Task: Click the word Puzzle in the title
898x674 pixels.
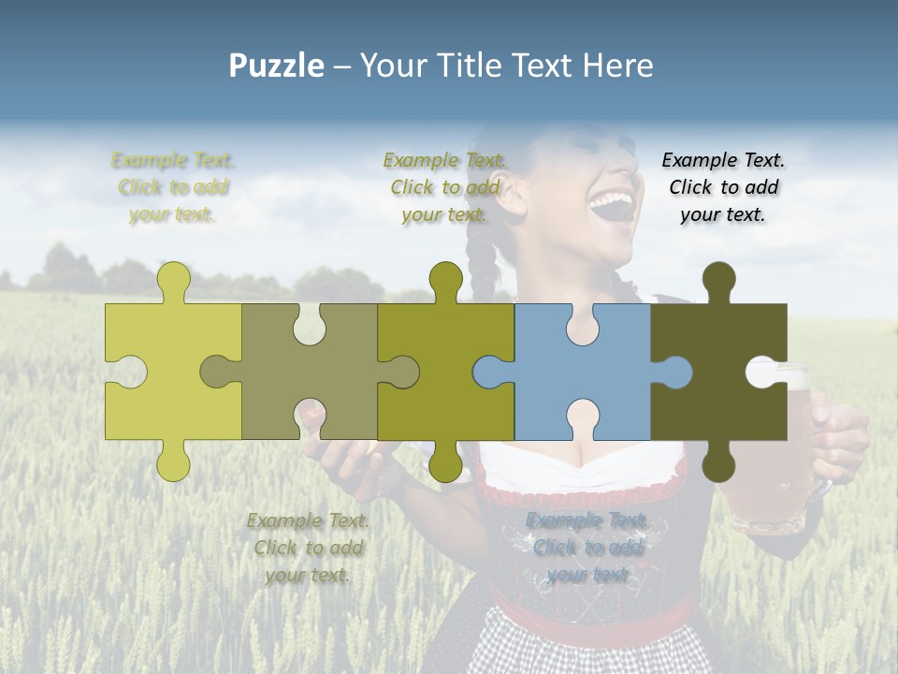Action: click(277, 66)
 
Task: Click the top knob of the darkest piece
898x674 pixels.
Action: click(718, 280)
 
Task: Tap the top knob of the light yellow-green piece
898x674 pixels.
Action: click(173, 280)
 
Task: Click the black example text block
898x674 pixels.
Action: click(723, 187)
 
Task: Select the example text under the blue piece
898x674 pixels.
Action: click(587, 548)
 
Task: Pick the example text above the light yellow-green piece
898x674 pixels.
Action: click(173, 187)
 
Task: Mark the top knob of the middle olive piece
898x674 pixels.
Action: click(446, 280)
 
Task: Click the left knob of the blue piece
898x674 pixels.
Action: click(488, 372)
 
